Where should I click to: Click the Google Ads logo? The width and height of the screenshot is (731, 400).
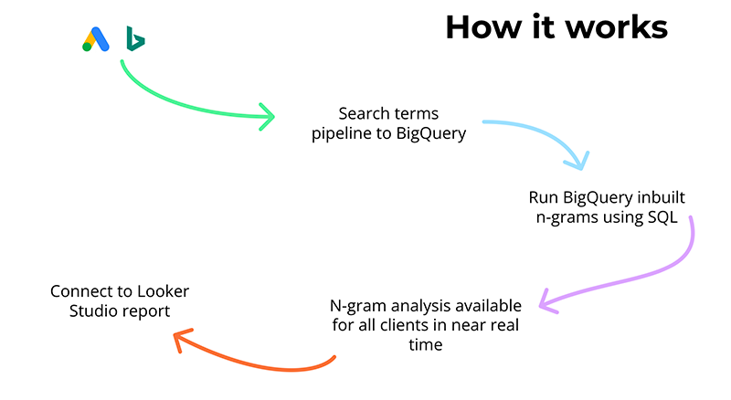(95, 39)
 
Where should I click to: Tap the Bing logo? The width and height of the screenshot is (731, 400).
(135, 38)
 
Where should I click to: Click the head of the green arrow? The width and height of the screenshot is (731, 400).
(267, 115)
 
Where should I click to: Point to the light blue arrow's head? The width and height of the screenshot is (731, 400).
(576, 162)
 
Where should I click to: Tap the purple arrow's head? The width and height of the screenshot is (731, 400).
(546, 299)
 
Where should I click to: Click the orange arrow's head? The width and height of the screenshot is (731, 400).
(180, 340)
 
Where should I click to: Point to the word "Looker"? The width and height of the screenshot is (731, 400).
(171, 291)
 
